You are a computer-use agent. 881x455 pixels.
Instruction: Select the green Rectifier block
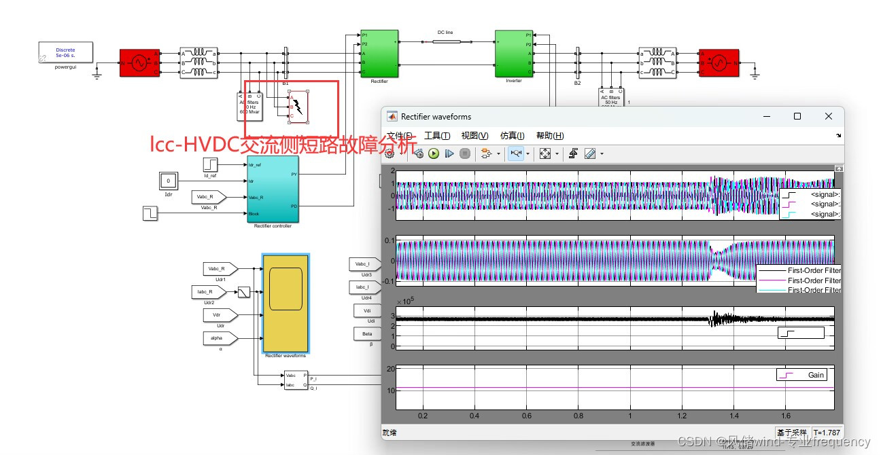coord(379,54)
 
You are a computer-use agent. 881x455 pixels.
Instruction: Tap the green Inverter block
coord(514,54)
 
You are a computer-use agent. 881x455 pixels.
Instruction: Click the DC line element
coord(446,41)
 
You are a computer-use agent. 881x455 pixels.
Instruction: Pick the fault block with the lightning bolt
coord(298,107)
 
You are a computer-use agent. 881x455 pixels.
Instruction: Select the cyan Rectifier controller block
coord(272,189)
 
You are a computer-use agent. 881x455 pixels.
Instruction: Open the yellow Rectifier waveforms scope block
coord(286,302)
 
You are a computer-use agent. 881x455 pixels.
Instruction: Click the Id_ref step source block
coord(210,164)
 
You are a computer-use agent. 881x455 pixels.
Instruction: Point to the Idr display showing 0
coord(169,181)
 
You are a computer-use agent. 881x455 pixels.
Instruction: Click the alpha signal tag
coord(220,338)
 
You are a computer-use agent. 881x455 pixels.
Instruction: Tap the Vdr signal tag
coord(220,315)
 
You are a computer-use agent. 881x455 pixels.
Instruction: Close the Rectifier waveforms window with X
coord(828,117)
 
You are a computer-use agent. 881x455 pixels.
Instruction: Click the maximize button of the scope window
coord(797,117)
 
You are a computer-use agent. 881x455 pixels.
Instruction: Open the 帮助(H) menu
coord(549,136)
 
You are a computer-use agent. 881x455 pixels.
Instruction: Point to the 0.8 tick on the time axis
coord(578,416)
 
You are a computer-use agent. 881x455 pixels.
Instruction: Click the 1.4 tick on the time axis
coord(733,416)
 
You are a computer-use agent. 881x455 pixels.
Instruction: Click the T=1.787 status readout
coord(827,433)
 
